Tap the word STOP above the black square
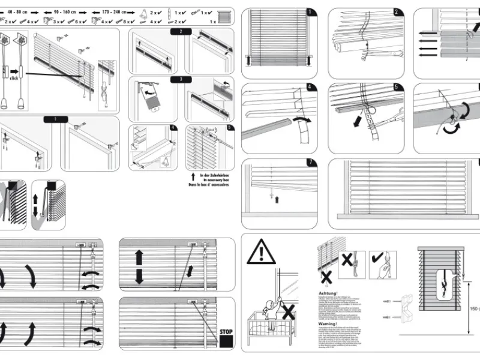226,331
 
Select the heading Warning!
328,324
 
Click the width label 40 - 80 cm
17,11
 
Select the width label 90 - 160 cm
64,11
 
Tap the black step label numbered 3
181,79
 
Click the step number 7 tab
310,163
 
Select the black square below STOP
226,342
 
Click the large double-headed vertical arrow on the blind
139,267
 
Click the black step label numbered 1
55,119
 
